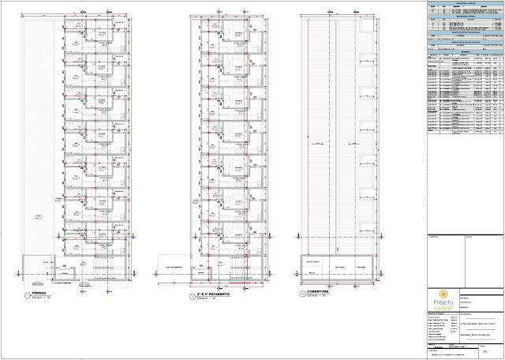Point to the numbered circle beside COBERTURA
coord(302,294)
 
